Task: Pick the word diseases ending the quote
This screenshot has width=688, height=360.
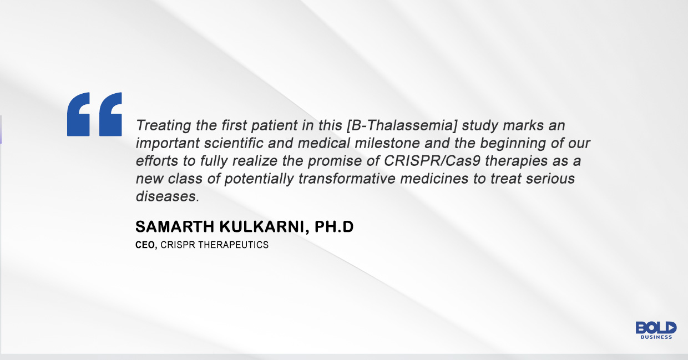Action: click(165, 196)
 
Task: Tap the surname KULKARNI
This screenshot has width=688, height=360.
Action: click(259, 227)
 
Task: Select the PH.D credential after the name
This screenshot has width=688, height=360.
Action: click(332, 227)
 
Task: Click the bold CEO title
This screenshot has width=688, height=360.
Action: click(145, 245)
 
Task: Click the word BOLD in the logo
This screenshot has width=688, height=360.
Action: click(656, 328)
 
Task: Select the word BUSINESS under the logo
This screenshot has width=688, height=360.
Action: click(656, 337)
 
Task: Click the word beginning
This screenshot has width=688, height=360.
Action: click(506, 143)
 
